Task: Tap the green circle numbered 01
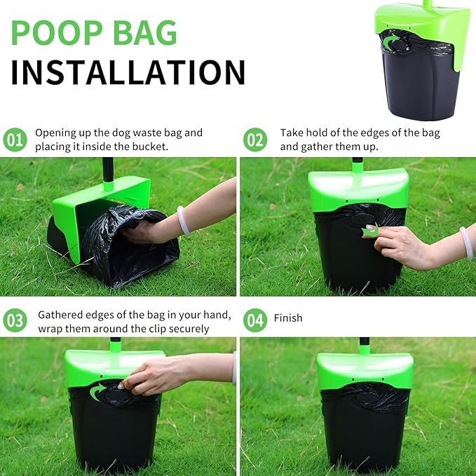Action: (14, 140)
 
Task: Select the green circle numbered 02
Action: (255, 140)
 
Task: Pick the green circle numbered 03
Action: (14, 321)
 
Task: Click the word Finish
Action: (288, 318)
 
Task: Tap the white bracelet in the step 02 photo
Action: (466, 242)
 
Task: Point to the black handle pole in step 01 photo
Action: (109, 170)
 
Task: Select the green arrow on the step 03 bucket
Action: (100, 390)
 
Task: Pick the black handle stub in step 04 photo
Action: (365, 345)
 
